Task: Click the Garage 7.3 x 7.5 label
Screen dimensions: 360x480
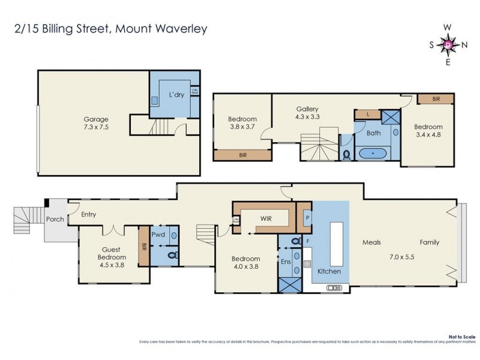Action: click(96, 123)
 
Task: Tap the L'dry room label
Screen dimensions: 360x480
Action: click(176, 95)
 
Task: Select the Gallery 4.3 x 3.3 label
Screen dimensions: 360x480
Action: click(307, 113)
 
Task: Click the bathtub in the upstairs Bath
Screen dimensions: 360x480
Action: click(376, 154)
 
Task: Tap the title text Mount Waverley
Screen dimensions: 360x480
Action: click(163, 28)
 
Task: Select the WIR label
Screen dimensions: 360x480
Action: click(266, 218)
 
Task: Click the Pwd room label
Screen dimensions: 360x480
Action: click(158, 235)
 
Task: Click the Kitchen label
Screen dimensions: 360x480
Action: click(329, 271)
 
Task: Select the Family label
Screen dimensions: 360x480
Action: click(429, 242)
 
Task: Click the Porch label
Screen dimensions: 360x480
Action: click(55, 219)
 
